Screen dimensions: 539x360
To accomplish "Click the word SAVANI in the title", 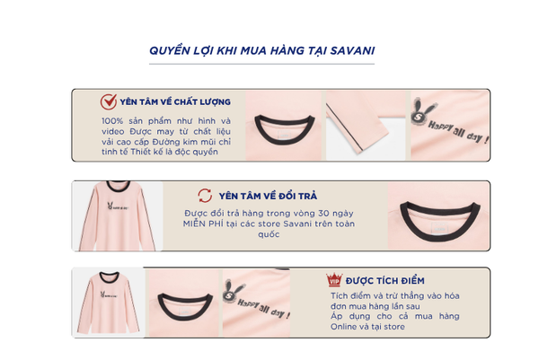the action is pyautogui.click(x=352, y=51).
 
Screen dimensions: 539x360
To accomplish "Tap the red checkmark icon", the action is pyautogui.click(x=109, y=101).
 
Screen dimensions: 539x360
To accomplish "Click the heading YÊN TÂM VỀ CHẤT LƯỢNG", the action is pyautogui.click(x=175, y=102).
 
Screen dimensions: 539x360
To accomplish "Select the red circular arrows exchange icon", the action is pyautogui.click(x=205, y=196).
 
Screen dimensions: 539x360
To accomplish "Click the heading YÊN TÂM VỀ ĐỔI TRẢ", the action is pyautogui.click(x=268, y=196).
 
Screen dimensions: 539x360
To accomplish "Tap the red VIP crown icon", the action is pyautogui.click(x=334, y=279).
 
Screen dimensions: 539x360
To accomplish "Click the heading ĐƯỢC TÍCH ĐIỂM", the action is pyautogui.click(x=385, y=281).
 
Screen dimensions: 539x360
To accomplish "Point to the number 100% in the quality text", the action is pyautogui.click(x=112, y=121).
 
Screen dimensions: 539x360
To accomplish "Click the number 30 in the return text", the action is pyautogui.click(x=323, y=214).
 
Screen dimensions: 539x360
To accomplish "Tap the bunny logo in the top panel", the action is pyautogui.click(x=420, y=111).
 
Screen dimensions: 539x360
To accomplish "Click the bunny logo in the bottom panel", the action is pyautogui.click(x=232, y=291).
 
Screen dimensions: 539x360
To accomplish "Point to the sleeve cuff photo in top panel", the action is pyautogui.click(x=366, y=126).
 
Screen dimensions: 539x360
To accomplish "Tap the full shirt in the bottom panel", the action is pyautogui.click(x=109, y=303).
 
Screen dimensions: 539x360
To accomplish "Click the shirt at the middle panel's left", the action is pyautogui.click(x=117, y=215).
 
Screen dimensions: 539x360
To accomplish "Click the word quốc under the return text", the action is pyautogui.click(x=269, y=234).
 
